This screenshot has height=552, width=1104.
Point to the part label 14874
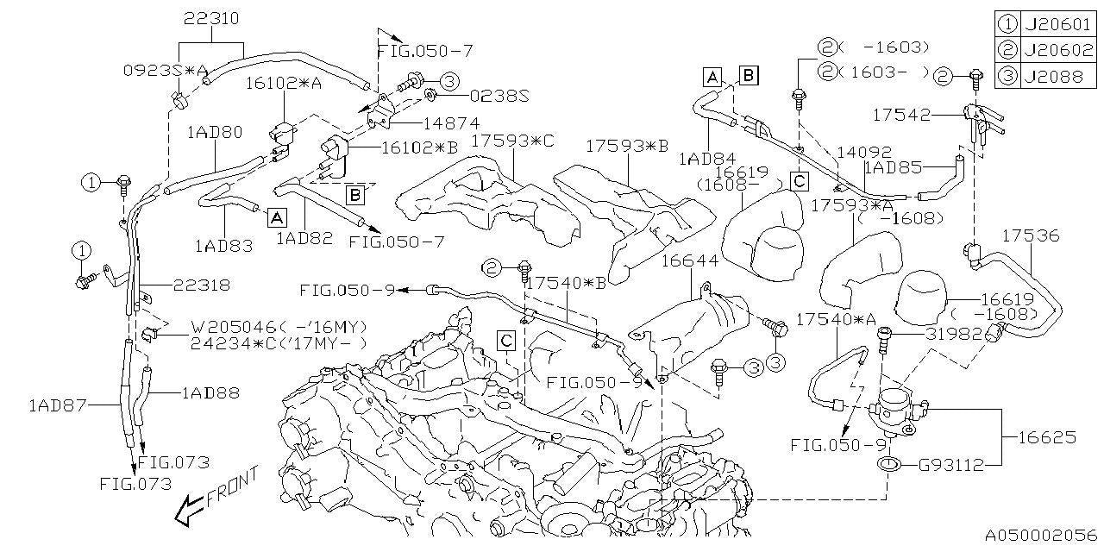[451, 123]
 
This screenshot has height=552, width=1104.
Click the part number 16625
[1046, 437]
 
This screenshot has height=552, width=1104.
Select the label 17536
[1031, 235]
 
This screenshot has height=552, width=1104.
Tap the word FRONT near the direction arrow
[233, 487]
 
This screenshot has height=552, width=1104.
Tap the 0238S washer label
[499, 97]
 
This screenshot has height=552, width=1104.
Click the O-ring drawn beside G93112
[888, 466]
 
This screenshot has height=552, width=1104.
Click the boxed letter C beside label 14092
[800, 181]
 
